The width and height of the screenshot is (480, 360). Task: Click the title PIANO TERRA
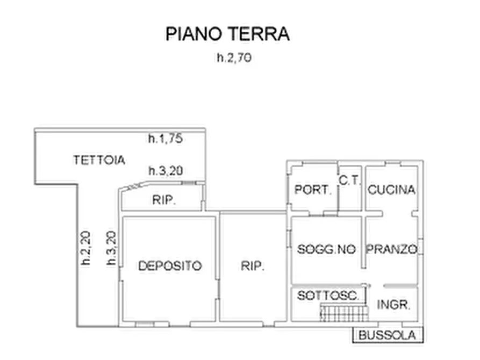[227, 34]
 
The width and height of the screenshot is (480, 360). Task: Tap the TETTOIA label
[99, 160]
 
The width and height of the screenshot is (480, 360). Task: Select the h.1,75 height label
[166, 138]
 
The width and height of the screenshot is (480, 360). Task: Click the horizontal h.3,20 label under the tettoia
[166, 171]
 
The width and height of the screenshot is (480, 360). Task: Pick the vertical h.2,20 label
[86, 248]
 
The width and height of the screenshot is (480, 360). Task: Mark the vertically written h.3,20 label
[111, 248]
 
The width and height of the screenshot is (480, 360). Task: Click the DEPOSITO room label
[170, 265]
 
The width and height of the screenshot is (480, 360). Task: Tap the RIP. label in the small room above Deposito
[164, 200]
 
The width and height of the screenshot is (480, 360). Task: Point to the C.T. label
[350, 181]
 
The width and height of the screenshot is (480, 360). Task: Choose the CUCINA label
[391, 190]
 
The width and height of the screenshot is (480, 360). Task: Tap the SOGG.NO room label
[327, 249]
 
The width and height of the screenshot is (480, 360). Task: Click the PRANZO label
[392, 249]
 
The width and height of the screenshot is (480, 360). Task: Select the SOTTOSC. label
[328, 295]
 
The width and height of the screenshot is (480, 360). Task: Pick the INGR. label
[394, 305]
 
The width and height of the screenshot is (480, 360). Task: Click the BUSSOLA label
[388, 335]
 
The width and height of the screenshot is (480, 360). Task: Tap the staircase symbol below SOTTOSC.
[343, 313]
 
